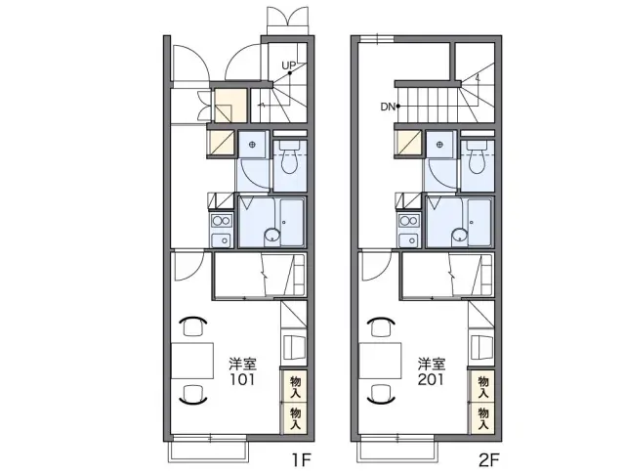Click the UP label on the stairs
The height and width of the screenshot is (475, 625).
point(288,65)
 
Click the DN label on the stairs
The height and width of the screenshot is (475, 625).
point(388,107)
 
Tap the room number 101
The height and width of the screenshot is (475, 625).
point(241,379)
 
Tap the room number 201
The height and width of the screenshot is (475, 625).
point(431,379)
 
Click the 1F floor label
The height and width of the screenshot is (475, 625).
point(302,460)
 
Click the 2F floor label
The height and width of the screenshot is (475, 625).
point(488,460)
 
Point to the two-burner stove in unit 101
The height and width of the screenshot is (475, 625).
point(222,220)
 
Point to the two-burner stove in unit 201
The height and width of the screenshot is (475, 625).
point(409,220)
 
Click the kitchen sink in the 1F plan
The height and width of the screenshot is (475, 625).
point(222,240)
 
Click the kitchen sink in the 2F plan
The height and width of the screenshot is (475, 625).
point(409,240)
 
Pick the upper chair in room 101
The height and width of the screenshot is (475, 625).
point(193,325)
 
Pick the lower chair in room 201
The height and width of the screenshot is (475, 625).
point(382,395)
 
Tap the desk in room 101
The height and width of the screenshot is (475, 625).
point(192,361)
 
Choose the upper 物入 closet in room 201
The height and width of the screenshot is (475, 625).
point(482,386)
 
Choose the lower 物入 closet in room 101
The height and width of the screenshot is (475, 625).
point(294,418)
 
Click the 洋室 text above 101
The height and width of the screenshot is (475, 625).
point(242,364)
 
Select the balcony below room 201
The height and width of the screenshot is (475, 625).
point(397,451)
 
